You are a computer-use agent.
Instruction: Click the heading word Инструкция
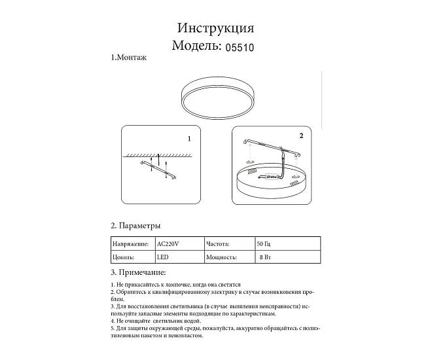click(215, 28)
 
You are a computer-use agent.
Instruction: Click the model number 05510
click(240, 47)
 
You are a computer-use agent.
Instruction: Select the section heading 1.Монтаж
click(129, 58)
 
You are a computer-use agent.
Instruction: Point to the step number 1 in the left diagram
click(189, 139)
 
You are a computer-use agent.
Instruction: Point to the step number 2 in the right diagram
click(301, 136)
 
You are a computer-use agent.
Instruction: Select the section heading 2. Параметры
click(135, 225)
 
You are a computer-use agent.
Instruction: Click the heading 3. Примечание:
click(138, 272)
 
